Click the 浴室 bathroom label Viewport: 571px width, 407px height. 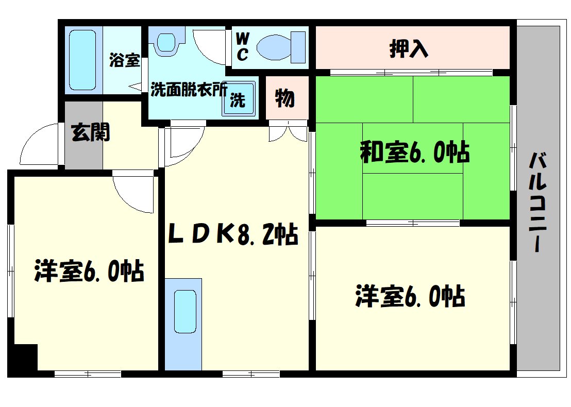[x=124, y=60]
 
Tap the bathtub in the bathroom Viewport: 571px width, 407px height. [x=82, y=60]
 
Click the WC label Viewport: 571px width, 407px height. [x=242, y=46]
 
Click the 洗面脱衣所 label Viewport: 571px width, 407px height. [x=189, y=90]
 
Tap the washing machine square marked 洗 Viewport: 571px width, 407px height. [x=238, y=99]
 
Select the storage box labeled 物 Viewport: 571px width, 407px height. [x=285, y=98]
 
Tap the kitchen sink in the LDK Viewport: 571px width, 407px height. [x=184, y=312]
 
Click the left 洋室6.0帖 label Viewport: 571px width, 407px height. [x=89, y=271]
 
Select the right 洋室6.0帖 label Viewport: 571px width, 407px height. [x=410, y=297]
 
